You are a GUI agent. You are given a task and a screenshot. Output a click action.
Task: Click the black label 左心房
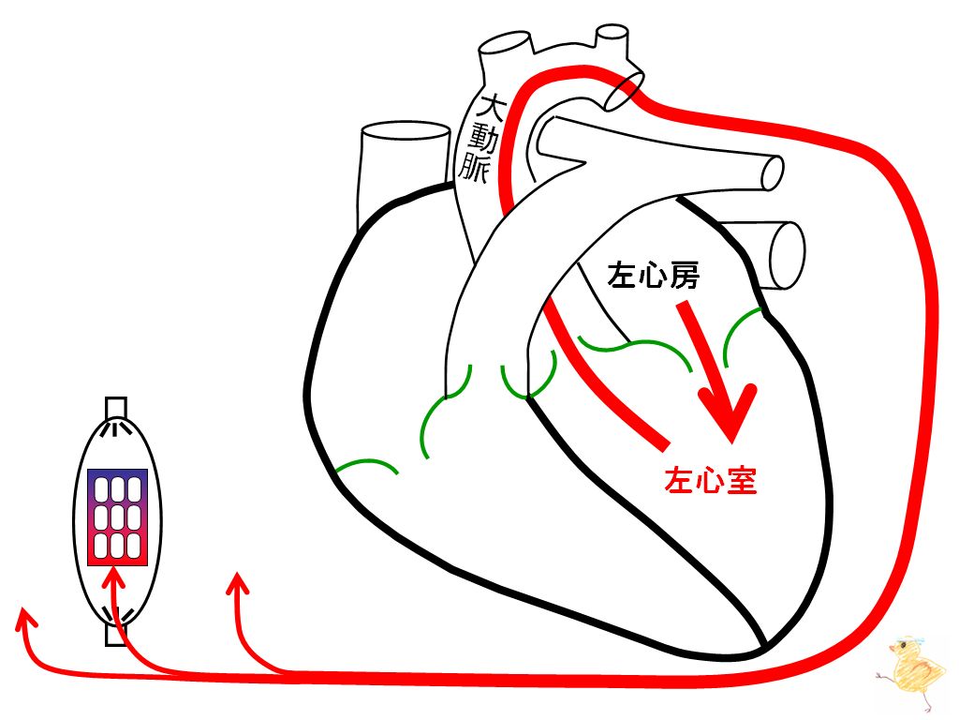click(653, 276)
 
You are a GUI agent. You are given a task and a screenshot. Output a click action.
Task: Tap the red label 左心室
click(711, 481)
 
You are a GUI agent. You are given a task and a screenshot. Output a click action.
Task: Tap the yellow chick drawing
click(914, 670)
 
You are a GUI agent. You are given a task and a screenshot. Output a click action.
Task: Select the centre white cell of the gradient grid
click(117, 517)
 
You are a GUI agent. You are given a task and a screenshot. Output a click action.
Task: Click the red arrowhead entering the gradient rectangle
click(113, 577)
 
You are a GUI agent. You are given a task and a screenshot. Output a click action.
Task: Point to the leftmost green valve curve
click(366, 465)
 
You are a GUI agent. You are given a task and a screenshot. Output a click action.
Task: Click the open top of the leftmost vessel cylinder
click(406, 131)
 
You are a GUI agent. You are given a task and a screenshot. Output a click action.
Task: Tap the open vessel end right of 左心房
click(788, 255)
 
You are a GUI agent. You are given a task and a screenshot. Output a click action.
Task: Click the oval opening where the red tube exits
click(625, 90)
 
